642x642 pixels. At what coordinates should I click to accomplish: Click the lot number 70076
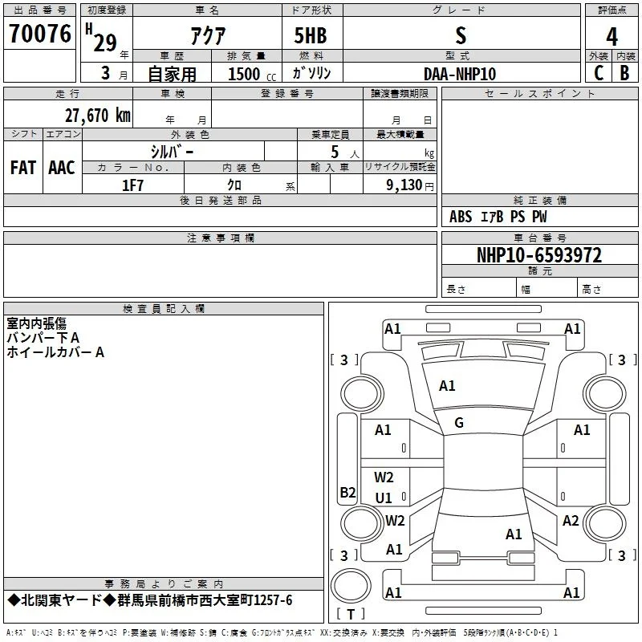point(39,33)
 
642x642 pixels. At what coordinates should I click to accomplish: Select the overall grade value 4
point(612,37)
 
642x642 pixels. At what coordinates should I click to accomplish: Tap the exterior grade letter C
point(599,73)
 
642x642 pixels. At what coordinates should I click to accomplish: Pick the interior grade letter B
point(624,73)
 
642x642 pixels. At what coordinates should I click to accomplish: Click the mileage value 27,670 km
point(98,116)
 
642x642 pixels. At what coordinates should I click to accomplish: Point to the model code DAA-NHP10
point(460,74)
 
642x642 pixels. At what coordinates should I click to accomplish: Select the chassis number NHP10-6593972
point(539,255)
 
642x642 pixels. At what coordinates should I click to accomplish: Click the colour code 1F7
point(132,185)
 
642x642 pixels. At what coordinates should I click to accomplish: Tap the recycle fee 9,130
point(404,185)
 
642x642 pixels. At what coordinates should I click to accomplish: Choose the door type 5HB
point(311,35)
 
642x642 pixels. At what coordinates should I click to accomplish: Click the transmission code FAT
point(23,168)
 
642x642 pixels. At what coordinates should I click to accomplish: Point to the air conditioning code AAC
point(62,168)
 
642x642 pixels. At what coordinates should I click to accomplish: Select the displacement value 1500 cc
point(252,74)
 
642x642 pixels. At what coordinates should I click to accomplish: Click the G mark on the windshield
point(459,423)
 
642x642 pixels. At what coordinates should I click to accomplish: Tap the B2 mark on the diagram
point(347,492)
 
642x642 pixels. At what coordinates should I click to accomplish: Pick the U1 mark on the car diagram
point(384,498)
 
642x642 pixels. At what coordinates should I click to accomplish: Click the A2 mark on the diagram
point(571,521)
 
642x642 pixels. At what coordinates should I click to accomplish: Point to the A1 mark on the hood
point(447,386)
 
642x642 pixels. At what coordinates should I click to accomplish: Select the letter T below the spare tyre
point(351,614)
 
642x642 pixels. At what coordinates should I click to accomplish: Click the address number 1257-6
point(273,600)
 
